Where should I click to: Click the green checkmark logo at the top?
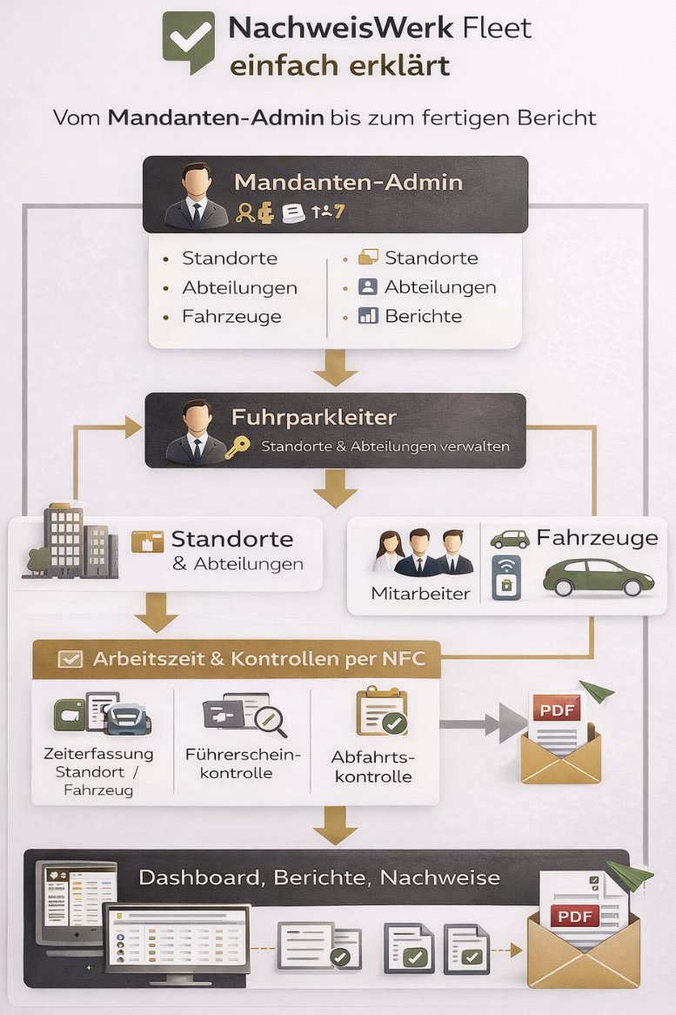pos(188,39)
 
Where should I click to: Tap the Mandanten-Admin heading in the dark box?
pos(348,183)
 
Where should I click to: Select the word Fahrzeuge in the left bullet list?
pos(231,316)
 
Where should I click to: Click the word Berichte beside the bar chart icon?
pos(423,316)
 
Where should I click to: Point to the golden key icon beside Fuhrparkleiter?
pos(237,447)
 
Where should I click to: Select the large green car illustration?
pos(599,576)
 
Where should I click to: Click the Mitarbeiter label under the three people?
pos(408,594)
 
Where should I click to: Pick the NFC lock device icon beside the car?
pos(505,578)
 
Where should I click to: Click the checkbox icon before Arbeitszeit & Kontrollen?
pos(70,659)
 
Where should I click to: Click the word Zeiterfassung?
pos(97,753)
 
